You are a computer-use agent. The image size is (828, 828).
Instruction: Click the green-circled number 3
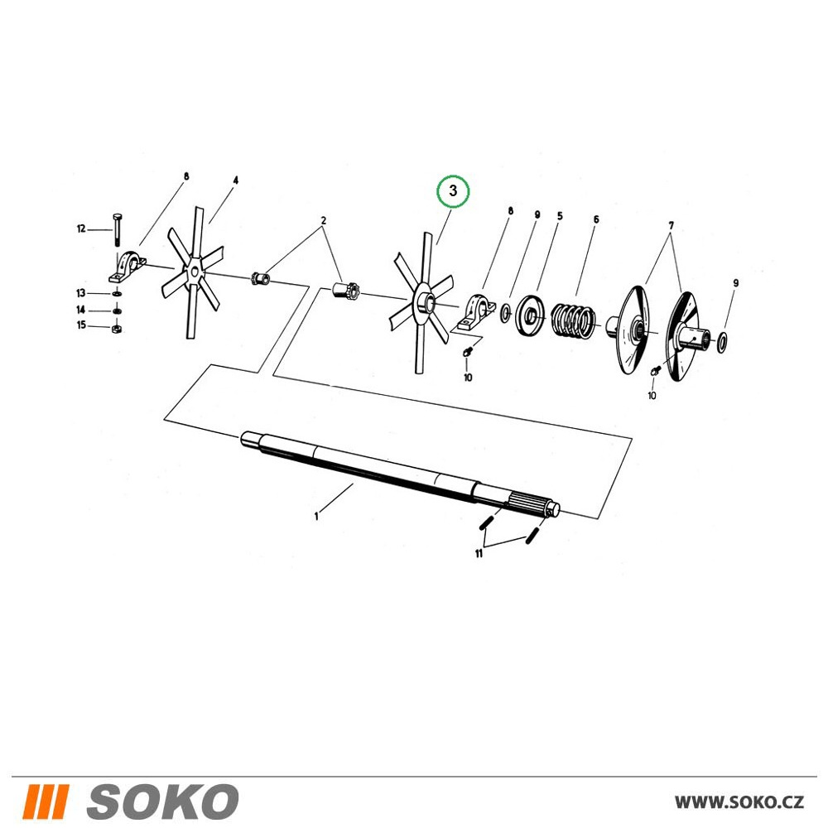coord(453,191)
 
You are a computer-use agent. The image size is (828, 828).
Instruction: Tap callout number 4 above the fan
coord(235,180)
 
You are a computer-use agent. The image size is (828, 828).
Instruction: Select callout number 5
coord(560,216)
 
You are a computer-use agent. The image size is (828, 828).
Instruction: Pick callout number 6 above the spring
coord(595,219)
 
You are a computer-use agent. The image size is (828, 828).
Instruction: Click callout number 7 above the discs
coord(672,225)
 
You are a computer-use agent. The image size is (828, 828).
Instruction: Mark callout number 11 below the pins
coord(479,554)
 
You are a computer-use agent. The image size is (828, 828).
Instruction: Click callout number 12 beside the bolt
coord(81,229)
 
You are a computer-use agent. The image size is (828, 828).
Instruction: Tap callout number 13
coord(81,293)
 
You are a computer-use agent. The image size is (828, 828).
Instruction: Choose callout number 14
coord(81,310)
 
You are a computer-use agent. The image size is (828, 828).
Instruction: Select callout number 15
coord(81,325)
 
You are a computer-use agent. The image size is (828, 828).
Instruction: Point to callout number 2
coord(323,220)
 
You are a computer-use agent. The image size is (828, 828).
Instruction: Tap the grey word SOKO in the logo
coord(162,801)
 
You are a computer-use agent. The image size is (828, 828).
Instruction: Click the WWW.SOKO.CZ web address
coord(739,802)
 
